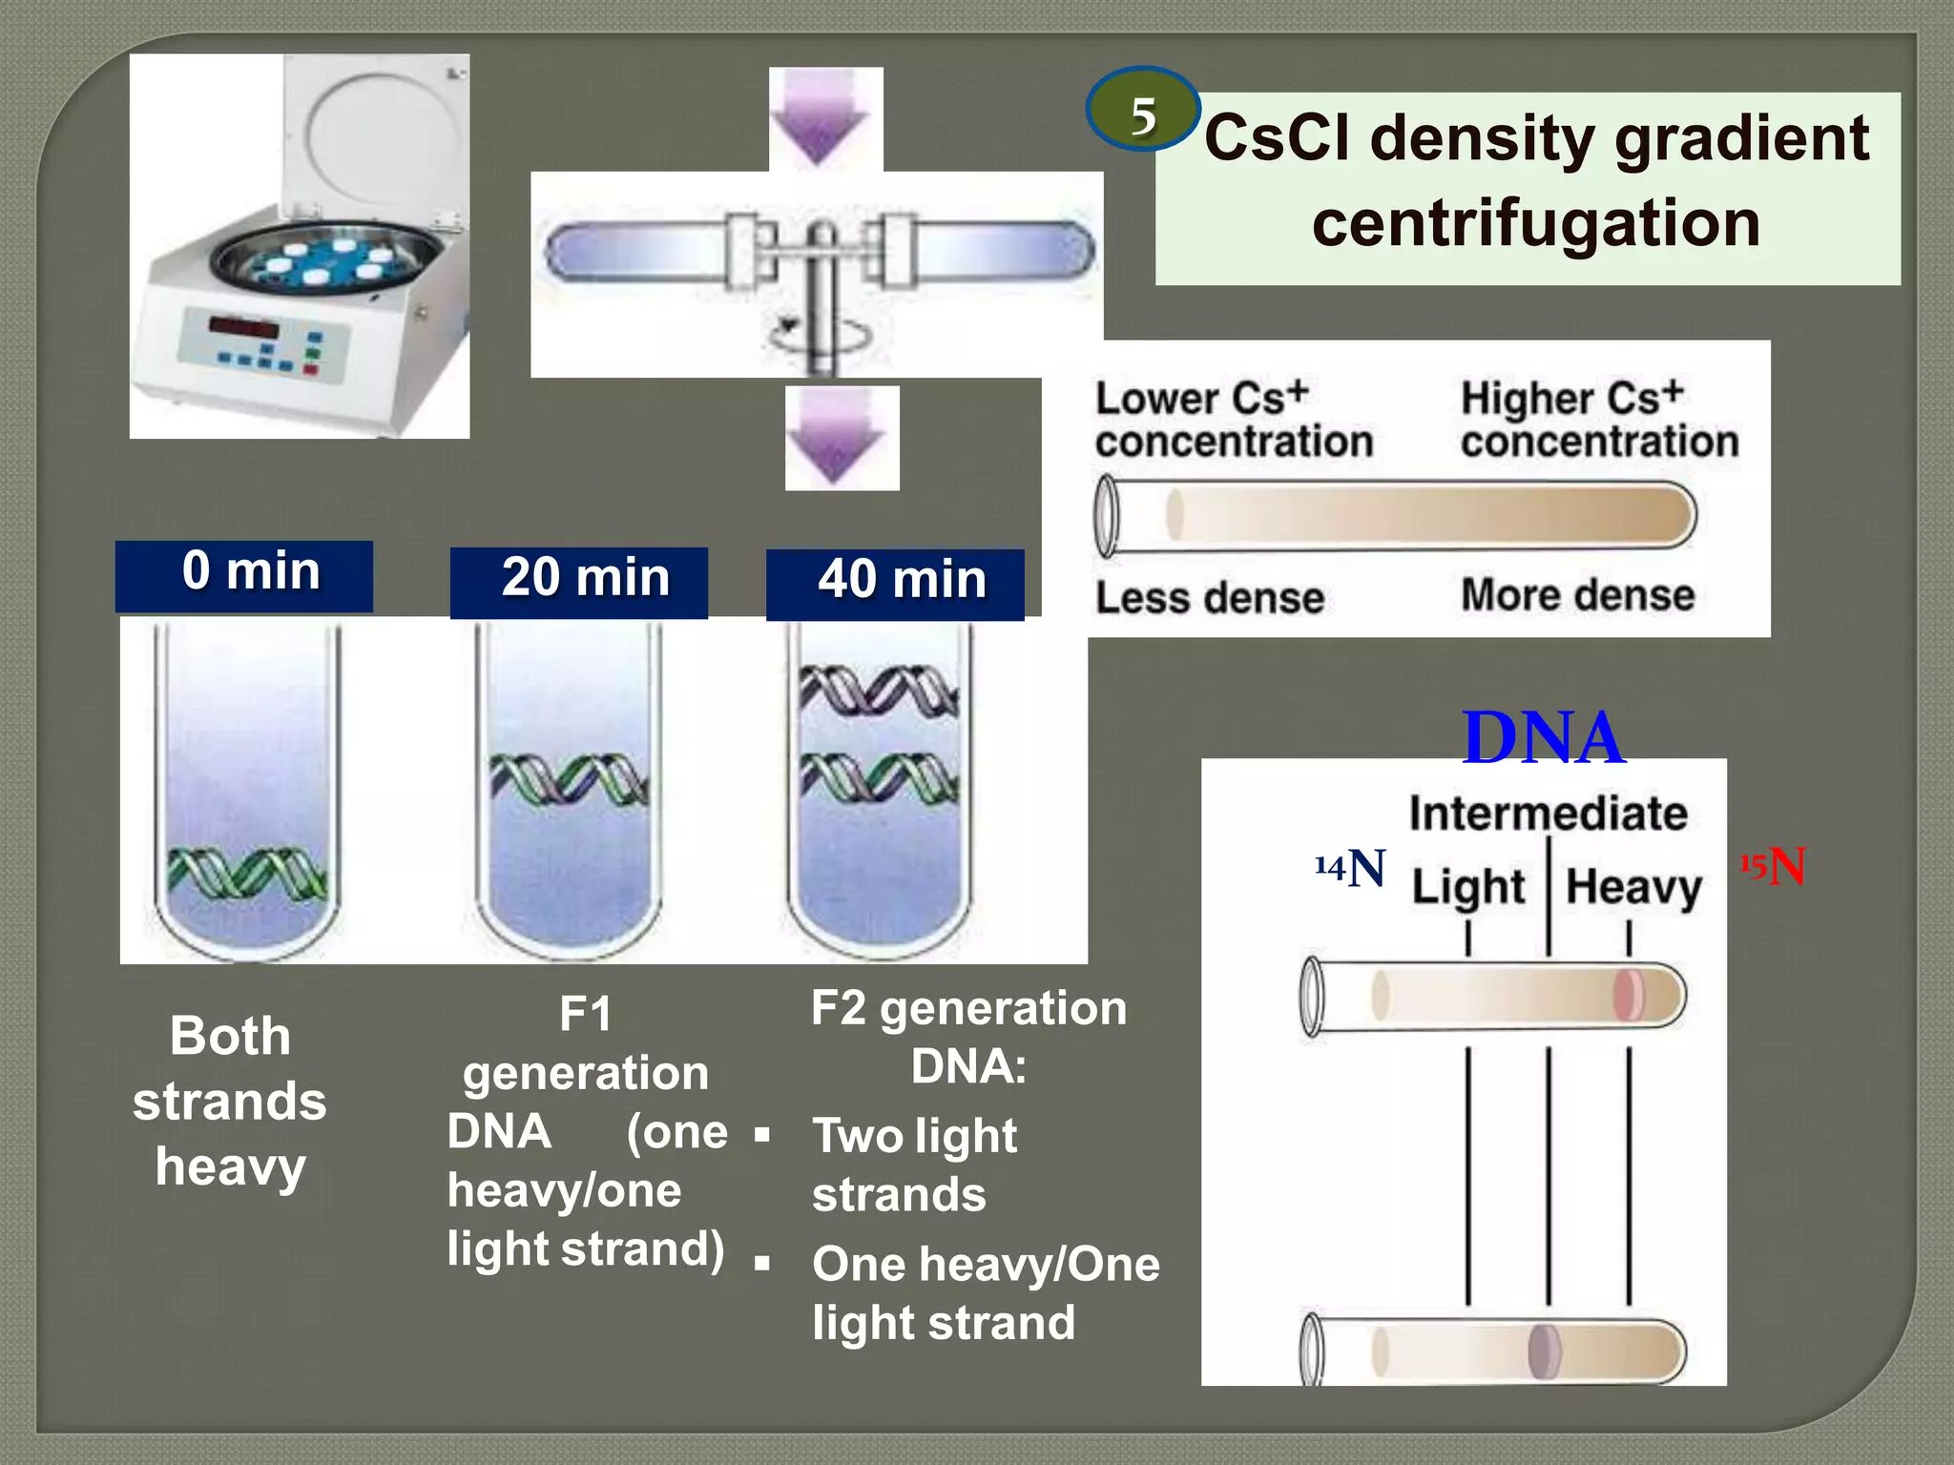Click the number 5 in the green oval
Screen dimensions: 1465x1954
pos(1143,115)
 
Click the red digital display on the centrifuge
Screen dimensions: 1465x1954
pos(243,328)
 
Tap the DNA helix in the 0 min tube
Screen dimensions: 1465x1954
pos(247,872)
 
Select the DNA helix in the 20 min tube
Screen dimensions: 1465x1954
pos(570,777)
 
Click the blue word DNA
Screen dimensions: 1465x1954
pos(1543,738)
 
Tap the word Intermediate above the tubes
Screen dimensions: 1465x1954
pos(1548,814)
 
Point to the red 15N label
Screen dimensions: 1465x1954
pos(1774,867)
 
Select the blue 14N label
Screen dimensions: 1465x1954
pos(1349,868)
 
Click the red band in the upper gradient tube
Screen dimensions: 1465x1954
pos(1628,994)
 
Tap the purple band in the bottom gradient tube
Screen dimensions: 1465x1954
pos(1544,1351)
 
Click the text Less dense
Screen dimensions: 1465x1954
pos(1209,599)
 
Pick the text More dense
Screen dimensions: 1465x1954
pos(1577,595)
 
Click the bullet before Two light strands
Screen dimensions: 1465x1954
pos(761,1135)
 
